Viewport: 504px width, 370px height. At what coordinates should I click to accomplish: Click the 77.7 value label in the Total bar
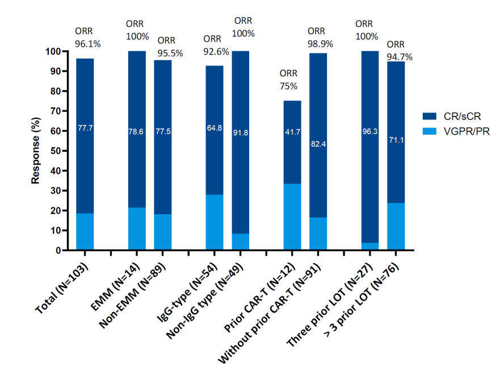[85, 128]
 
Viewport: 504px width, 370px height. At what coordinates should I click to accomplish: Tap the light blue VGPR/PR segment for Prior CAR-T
[292, 217]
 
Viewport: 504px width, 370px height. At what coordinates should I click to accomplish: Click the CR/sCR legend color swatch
[430, 116]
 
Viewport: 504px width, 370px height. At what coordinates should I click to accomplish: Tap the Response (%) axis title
[35, 151]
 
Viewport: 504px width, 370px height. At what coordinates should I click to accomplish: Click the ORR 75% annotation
[289, 80]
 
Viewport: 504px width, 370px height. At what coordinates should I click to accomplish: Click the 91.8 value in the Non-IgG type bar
[240, 134]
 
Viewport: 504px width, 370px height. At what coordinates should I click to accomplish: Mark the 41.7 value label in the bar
[292, 131]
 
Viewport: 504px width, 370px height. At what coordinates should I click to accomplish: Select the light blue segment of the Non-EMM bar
[163, 232]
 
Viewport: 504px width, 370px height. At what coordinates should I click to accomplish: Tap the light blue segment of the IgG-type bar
[215, 222]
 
